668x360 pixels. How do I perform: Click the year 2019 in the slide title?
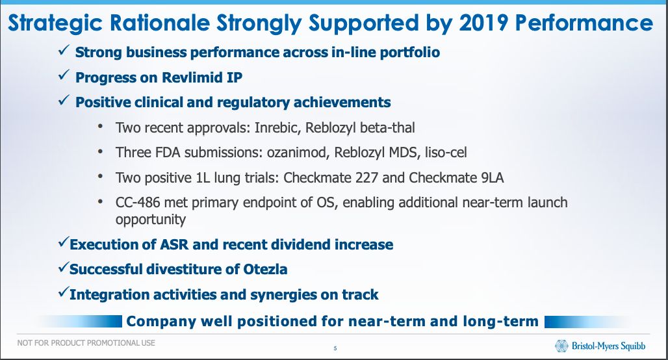[483, 23]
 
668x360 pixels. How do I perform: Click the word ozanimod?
[298, 153]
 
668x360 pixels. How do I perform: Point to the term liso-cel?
[446, 153]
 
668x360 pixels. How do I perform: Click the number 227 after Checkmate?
[366, 177]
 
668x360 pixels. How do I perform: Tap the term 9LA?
[493, 177]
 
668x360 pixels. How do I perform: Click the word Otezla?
[265, 269]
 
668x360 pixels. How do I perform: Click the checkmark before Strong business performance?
[64, 51]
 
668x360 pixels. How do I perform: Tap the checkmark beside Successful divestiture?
[64, 268]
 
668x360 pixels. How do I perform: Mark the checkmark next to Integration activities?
[64, 292]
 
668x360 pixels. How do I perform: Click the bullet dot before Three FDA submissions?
[100, 151]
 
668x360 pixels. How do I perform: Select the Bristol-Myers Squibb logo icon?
[561, 346]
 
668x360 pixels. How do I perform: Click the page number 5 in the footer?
[335, 348]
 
